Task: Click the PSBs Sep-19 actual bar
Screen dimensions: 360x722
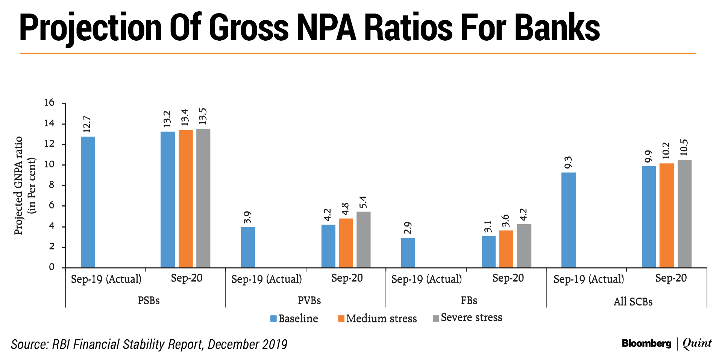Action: click(88, 202)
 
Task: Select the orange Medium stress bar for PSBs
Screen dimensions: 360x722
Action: click(186, 199)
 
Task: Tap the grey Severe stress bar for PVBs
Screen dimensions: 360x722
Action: click(363, 240)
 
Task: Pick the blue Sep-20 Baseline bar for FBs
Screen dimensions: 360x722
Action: click(488, 252)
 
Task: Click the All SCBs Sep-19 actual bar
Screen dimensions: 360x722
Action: click(568, 220)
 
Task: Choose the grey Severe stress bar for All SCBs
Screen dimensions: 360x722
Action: click(684, 214)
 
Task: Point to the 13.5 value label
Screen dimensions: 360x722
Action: click(203, 116)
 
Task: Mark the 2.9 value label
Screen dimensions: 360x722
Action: click(408, 228)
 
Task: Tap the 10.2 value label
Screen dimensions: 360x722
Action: click(666, 150)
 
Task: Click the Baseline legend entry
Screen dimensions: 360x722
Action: click(294, 319)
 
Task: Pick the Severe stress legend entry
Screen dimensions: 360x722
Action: click(467, 318)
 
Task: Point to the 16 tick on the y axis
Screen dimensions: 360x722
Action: click(49, 103)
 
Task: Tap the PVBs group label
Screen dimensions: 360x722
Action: click(309, 301)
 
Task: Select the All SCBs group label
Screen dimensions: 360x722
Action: click(633, 302)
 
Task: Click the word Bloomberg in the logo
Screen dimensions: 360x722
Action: click(646, 343)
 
